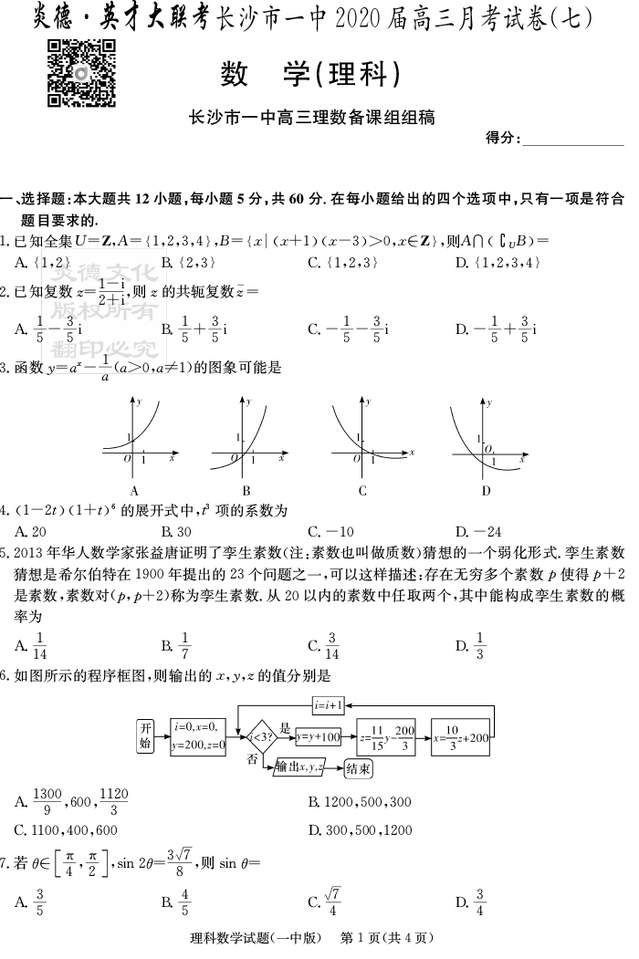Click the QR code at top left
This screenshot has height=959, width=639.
click(81, 75)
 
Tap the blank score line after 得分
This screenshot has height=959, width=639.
click(571, 141)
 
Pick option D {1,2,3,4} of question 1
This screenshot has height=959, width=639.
click(498, 263)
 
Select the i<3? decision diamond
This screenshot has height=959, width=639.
click(257, 735)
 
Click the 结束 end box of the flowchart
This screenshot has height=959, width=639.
click(359, 769)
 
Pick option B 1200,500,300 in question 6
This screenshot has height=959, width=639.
click(361, 802)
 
